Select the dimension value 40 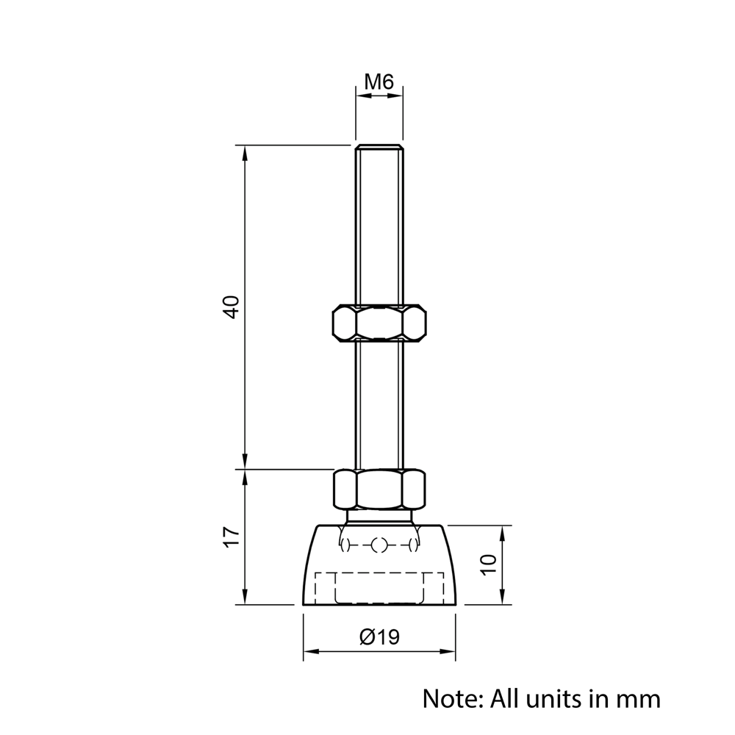pos(232,306)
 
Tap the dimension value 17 pos(232,537)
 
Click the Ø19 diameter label pos(379,637)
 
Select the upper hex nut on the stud pos(379,323)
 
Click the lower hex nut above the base pos(379,489)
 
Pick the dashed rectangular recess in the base pos(379,588)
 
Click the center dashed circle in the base pos(379,545)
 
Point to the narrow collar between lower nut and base pos(379,517)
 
